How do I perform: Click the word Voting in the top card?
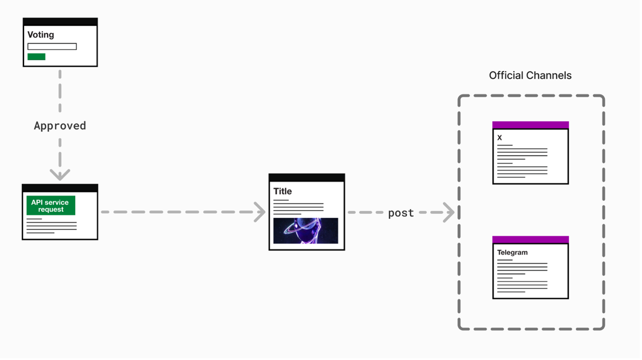tap(41, 35)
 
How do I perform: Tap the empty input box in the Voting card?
tap(52, 46)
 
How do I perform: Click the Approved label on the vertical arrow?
tap(60, 126)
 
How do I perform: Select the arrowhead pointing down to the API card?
tap(60, 175)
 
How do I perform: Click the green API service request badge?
tap(51, 206)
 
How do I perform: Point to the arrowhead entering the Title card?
tap(260, 212)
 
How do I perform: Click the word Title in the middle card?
tap(282, 191)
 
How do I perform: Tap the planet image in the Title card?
tap(306, 231)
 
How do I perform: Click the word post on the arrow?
tap(401, 213)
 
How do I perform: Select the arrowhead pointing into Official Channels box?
tap(449, 212)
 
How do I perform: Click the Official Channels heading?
tap(530, 75)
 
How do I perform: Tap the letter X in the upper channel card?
tap(500, 138)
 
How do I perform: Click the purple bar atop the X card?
tap(530, 125)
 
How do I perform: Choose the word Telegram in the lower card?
tap(513, 253)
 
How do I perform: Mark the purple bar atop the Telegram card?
tap(530, 239)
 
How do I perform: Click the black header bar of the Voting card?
tap(60, 22)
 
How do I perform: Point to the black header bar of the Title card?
tap(307, 178)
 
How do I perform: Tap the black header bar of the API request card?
tap(60, 188)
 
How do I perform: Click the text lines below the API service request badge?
tap(51, 226)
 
